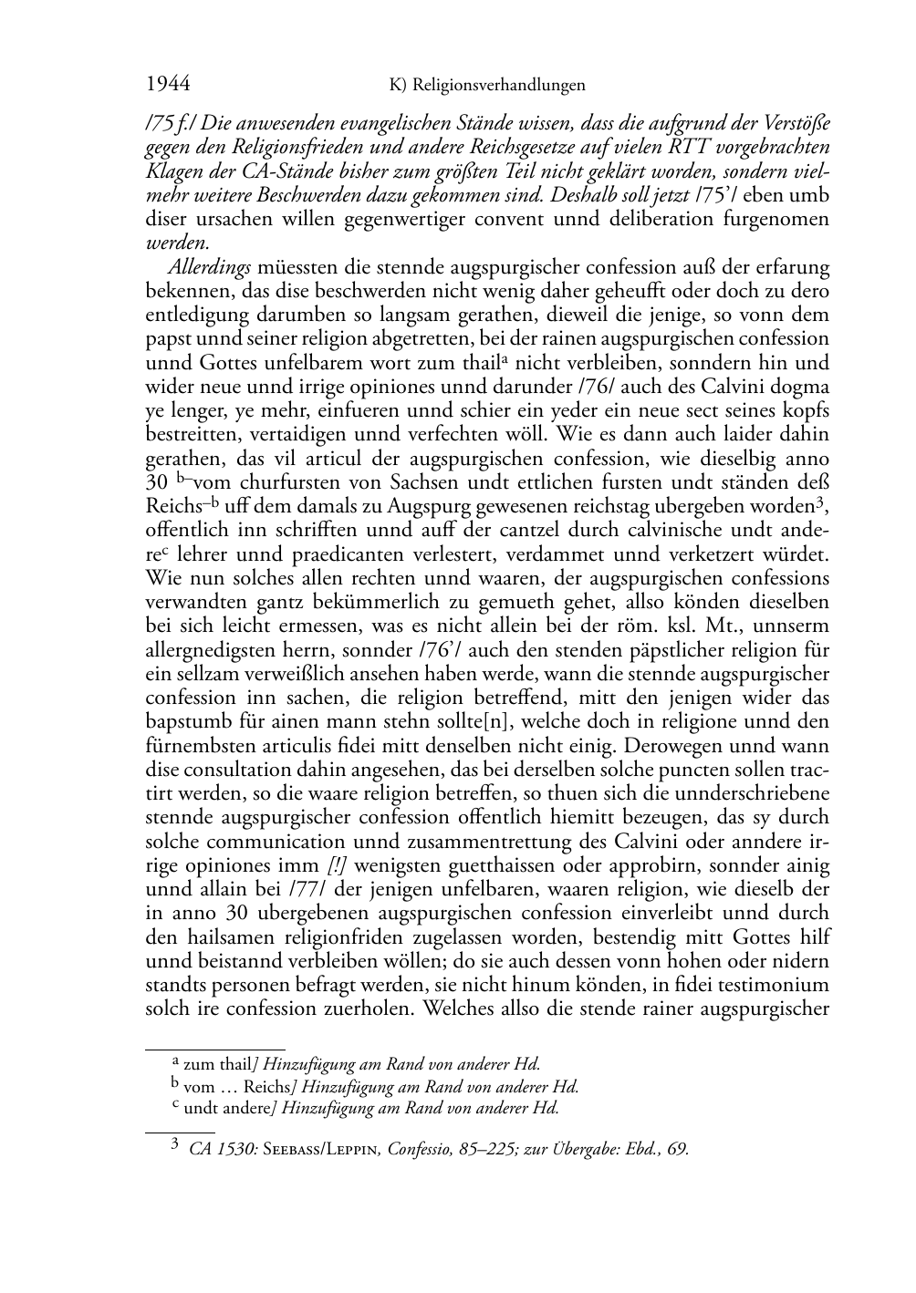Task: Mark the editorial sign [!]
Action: click(337, 865)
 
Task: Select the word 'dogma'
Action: click(801, 387)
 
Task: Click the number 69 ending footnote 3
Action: click(677, 1149)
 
